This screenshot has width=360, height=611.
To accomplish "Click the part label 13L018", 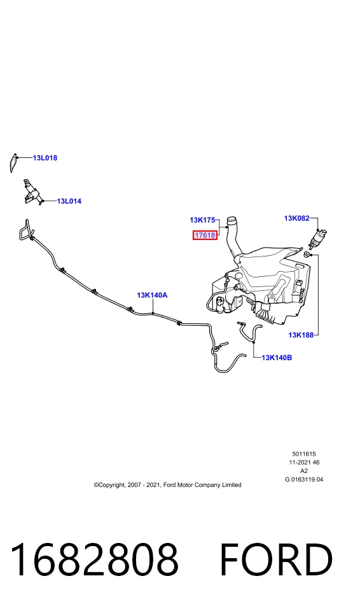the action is point(45,158).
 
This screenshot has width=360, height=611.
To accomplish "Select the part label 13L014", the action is point(69,201).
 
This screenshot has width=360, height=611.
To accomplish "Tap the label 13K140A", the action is point(152,295).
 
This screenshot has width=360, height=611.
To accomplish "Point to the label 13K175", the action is point(202,220).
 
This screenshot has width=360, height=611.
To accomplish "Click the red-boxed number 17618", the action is point(205,235).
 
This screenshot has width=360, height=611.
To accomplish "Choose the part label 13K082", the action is point(296,218).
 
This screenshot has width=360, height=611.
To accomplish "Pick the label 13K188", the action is point(301,335).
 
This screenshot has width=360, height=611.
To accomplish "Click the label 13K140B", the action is point(277,357).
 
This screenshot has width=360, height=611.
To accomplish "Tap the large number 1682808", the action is point(94,559).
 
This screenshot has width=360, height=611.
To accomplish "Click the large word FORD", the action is point(276,559).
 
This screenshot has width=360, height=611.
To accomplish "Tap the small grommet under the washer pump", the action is point(307,255).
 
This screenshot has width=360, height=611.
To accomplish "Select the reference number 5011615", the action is point(304,454).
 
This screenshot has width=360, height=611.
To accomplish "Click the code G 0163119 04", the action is point(304,479).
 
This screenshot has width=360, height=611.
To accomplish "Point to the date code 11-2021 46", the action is point(304,462).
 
